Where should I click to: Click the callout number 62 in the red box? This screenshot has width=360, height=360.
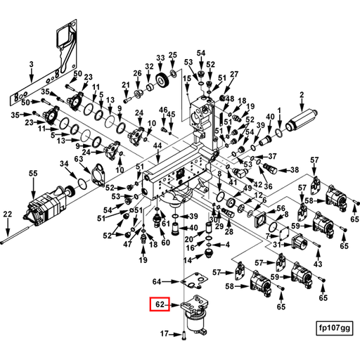[x=160, y=304]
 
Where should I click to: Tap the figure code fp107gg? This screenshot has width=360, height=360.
[x=334, y=328]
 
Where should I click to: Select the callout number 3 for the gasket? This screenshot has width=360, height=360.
[x=31, y=64]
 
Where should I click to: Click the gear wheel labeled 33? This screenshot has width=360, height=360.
[x=161, y=81]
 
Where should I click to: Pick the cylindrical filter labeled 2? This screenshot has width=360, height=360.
[x=302, y=121]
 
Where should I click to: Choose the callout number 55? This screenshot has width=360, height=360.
[x=33, y=174]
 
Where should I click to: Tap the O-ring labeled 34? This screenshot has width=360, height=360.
[x=82, y=183]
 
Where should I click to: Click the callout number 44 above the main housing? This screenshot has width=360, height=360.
[x=157, y=146]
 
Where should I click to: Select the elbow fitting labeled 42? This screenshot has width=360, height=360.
[x=239, y=173]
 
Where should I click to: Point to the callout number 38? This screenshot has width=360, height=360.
[x=295, y=169]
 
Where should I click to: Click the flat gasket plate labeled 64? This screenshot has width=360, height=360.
[x=194, y=280]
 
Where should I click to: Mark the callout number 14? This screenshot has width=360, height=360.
[x=188, y=260]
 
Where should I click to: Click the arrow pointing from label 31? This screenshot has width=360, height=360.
[x=286, y=245]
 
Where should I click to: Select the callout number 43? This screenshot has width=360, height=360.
[x=318, y=264]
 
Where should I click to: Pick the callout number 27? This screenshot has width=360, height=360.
[x=234, y=75]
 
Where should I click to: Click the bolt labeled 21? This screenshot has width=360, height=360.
[x=126, y=101]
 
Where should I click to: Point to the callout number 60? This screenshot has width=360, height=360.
[x=165, y=243]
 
